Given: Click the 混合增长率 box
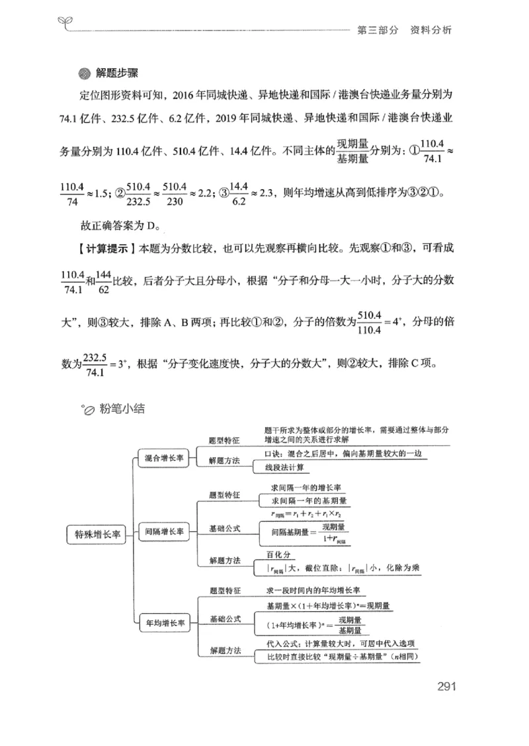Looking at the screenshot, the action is tap(165, 457).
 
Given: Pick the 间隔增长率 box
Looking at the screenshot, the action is tap(165, 530).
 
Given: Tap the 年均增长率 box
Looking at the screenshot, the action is tap(165, 622).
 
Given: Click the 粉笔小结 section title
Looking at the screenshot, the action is tap(119, 409).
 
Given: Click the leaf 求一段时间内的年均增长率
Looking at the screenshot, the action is tap(314, 590).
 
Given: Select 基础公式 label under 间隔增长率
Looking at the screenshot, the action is tap(224, 528).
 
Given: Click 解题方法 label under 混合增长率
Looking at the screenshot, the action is tap(224, 460).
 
